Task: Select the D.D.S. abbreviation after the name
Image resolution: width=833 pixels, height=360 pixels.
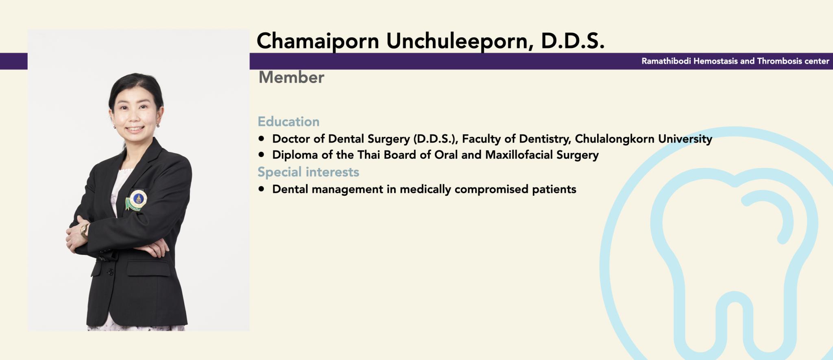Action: click(573, 41)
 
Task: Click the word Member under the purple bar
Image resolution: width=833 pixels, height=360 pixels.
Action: click(291, 77)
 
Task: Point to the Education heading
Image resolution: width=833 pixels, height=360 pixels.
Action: click(288, 121)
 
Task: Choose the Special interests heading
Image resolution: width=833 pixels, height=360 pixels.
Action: click(308, 172)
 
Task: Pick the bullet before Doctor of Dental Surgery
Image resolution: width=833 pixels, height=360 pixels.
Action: click(261, 139)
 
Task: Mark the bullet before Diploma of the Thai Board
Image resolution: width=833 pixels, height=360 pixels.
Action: click(261, 155)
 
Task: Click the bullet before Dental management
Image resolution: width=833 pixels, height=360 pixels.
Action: click(261, 189)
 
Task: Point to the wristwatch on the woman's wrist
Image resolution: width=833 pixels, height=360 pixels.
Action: click(84, 231)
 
